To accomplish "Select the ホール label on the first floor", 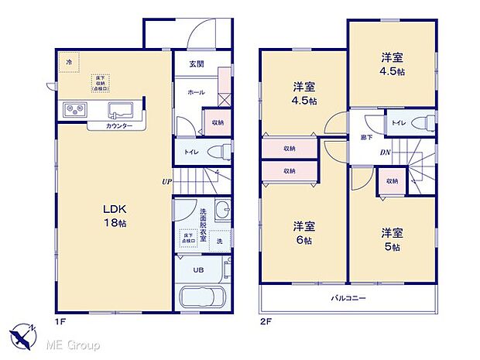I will [x=195, y=92].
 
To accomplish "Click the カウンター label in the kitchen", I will [x=118, y=126].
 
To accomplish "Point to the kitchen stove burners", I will [x=74, y=109].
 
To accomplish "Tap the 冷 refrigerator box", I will [x=70, y=62].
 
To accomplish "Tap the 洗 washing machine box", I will [x=219, y=241].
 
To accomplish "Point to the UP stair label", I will [x=166, y=183].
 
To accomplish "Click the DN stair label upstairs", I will [x=385, y=153].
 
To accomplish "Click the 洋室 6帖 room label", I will [x=303, y=232].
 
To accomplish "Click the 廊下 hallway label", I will [x=366, y=137].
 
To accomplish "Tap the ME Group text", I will [x=74, y=344].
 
